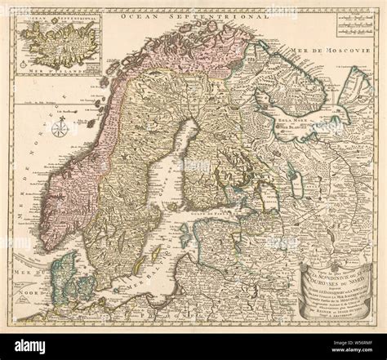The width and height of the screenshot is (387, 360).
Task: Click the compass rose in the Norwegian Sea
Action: click(x=60, y=127)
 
